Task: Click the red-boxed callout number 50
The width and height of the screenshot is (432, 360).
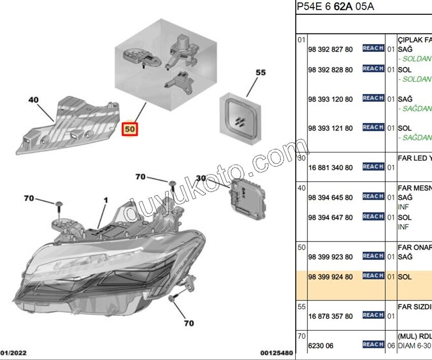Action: click(x=130, y=129)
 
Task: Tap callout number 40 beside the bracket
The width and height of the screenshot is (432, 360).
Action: click(x=34, y=100)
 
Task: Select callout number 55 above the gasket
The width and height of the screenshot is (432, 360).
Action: click(x=260, y=73)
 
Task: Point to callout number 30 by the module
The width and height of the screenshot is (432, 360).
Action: click(x=201, y=178)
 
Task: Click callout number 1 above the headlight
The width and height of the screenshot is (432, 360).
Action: click(x=106, y=201)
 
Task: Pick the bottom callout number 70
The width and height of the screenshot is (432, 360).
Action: click(x=188, y=323)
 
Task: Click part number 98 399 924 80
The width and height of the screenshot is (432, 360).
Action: click(x=330, y=277)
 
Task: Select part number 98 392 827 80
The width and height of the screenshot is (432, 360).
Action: click(x=330, y=49)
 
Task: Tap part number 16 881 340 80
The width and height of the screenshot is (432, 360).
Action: click(x=330, y=167)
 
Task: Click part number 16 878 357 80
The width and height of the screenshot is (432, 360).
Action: click(x=330, y=316)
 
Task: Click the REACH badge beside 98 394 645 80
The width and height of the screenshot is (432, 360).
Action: click(x=373, y=196)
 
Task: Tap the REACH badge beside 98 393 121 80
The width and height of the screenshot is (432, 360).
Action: click(x=373, y=128)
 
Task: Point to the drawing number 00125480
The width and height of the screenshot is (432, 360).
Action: click(x=276, y=352)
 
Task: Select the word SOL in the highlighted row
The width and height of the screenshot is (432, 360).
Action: click(x=405, y=277)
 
